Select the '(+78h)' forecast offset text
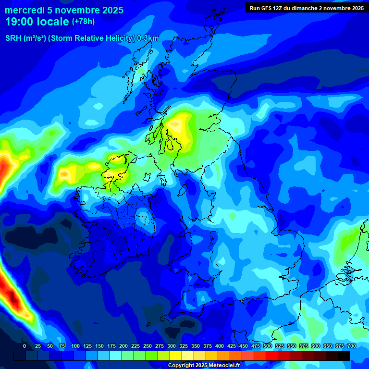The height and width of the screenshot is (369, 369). [x=84, y=22]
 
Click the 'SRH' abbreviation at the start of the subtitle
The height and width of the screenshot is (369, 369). [x=13, y=38]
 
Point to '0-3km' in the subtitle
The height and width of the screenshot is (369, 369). [x=148, y=38]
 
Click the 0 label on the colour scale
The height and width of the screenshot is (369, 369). [x=25, y=346]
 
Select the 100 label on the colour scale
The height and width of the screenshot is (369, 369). [x=75, y=346]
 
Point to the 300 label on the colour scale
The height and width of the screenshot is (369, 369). [x=172, y=346]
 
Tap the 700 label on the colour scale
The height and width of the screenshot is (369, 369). [x=352, y=346]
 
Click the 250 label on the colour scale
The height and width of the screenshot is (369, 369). [x=148, y=346]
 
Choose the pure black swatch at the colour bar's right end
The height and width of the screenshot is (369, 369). [x=344, y=356]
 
